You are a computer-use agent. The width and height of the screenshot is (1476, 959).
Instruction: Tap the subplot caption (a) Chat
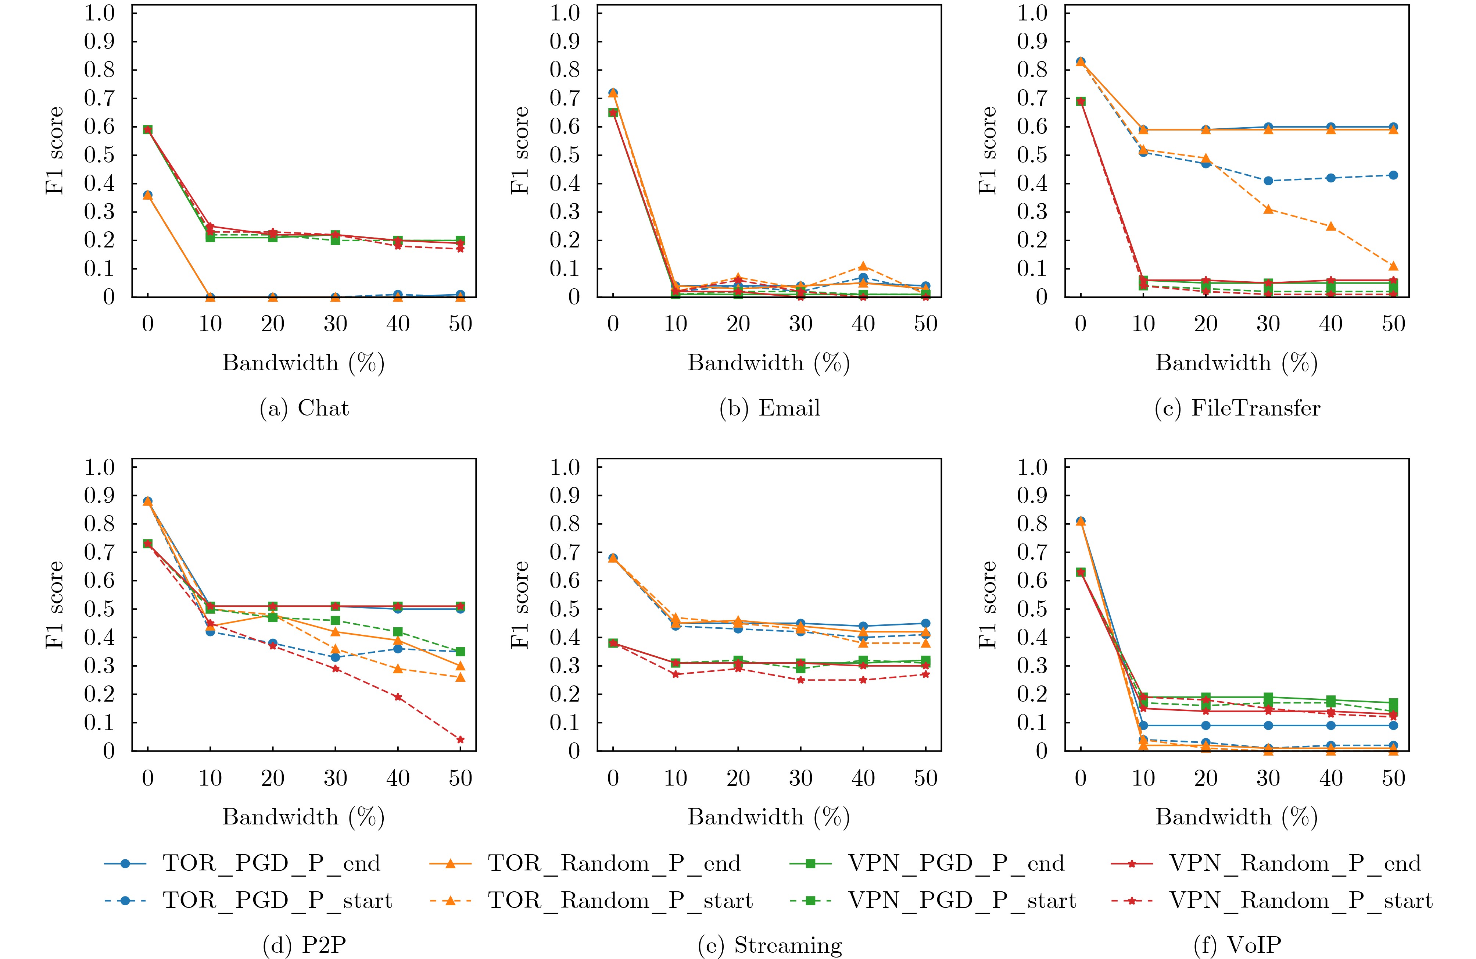[304, 408]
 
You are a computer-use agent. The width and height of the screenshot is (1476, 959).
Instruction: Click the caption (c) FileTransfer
[1237, 408]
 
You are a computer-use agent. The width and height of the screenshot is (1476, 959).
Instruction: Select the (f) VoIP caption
[1237, 945]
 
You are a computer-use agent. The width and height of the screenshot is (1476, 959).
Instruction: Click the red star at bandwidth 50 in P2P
[460, 739]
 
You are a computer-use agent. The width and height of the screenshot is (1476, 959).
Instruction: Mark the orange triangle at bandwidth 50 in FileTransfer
[1394, 266]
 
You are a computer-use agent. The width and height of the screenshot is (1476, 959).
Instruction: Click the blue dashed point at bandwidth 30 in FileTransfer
[1268, 181]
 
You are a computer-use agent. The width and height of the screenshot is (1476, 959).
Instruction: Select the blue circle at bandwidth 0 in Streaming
[613, 558]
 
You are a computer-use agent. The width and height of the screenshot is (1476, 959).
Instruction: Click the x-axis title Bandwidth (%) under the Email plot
[769, 363]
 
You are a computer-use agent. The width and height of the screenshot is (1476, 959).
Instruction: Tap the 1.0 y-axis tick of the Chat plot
[100, 13]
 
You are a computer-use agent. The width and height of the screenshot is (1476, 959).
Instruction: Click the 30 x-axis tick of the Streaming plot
[800, 778]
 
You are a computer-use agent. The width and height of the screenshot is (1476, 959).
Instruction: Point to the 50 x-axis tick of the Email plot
[925, 324]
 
